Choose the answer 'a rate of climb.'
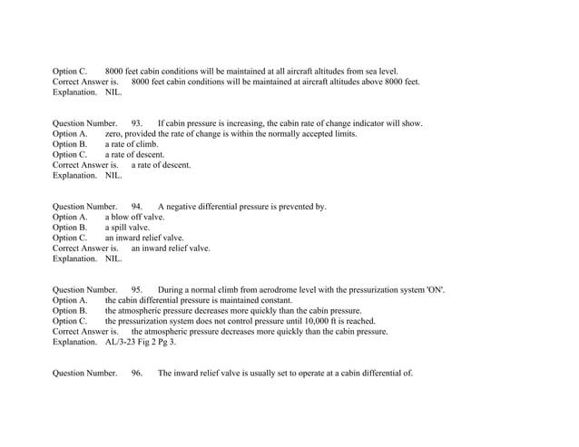click(132, 144)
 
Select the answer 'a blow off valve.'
click(135, 218)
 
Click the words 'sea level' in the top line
click(379, 71)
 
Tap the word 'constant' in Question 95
click(274, 301)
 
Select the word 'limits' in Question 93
click(345, 134)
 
